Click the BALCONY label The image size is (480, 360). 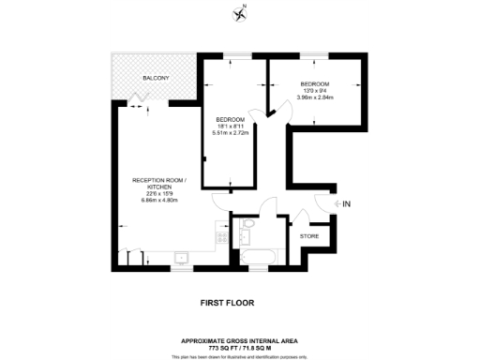click(155, 77)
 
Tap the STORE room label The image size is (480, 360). click(308, 236)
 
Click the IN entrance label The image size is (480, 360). click(346, 203)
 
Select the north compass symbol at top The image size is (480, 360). click(240, 13)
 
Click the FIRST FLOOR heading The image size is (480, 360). click(227, 303)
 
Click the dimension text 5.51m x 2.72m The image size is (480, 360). click(230, 135)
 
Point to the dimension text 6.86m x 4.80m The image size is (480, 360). click(159, 200)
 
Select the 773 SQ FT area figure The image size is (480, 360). click(213, 348)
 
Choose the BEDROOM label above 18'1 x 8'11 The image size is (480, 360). click(230, 120)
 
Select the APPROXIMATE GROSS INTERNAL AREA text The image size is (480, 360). click(240, 341)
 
